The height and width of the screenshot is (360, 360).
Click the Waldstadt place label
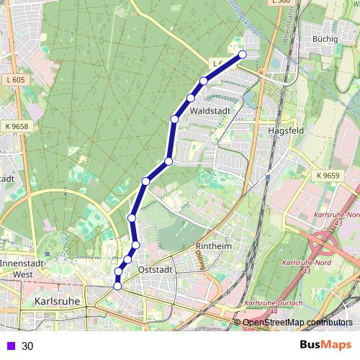210,112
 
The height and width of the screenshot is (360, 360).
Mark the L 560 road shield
282,3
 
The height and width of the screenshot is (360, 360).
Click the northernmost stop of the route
243,55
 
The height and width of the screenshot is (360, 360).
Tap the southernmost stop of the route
117,286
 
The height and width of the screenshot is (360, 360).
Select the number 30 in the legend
27,346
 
